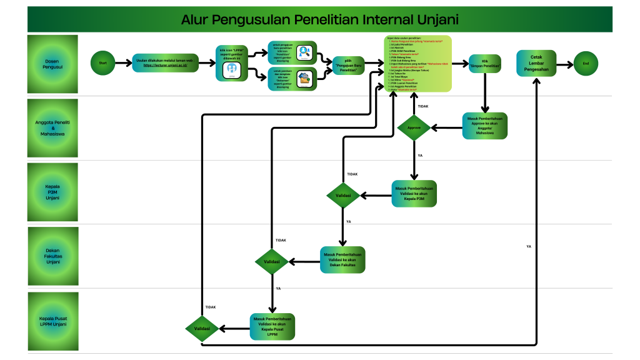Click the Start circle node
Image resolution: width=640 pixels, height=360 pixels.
pos(103,63)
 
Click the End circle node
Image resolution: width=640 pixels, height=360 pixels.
pos(586,64)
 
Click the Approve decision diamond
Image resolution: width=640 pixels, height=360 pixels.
pos(414,127)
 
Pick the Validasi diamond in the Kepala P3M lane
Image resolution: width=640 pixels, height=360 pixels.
pos(343,196)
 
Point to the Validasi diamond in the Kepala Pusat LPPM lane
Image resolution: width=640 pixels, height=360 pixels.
pos(202,327)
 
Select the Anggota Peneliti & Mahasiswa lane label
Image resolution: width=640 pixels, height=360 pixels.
pos(52,127)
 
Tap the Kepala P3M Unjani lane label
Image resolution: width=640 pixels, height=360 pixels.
pos(52,192)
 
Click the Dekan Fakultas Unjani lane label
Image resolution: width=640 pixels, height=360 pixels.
pos(52,257)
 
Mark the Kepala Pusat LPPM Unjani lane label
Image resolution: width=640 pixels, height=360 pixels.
pos(52,321)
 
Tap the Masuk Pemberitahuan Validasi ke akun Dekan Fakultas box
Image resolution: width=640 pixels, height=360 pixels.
pos(342,260)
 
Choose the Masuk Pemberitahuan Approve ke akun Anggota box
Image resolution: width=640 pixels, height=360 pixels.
pos(484,127)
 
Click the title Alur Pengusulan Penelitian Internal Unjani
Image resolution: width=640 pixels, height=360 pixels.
pos(319,20)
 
